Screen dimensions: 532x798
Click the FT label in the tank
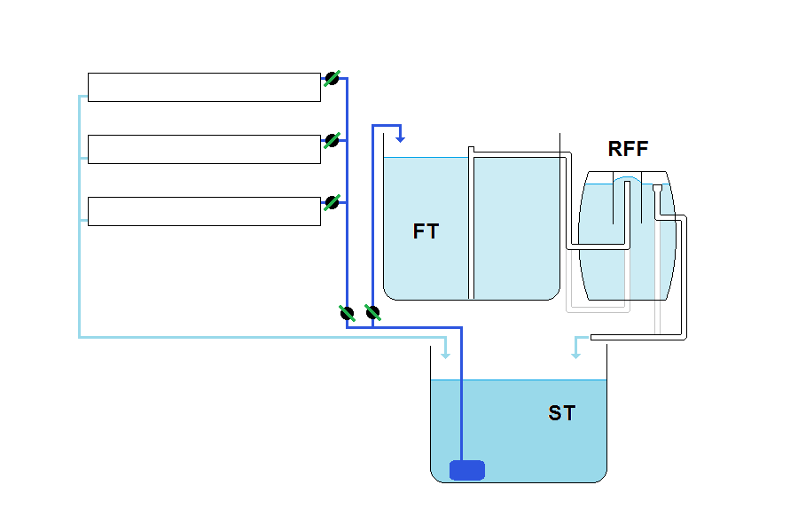point(426,231)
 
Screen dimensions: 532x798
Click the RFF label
point(628,148)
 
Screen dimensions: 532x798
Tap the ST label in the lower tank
point(561,413)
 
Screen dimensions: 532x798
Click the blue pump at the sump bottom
point(467,470)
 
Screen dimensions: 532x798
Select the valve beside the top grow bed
point(332,79)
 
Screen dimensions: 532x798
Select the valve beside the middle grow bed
point(332,140)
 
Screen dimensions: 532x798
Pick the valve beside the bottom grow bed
point(332,202)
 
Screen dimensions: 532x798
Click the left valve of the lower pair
point(348,312)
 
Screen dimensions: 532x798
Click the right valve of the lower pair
point(372,312)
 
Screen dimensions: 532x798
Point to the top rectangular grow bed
point(204,87)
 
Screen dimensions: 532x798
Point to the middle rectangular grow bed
point(204,149)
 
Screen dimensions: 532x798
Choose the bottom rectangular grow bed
point(204,211)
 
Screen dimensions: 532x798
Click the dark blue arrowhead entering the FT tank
point(401,137)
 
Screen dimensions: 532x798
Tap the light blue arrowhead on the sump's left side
point(445,354)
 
